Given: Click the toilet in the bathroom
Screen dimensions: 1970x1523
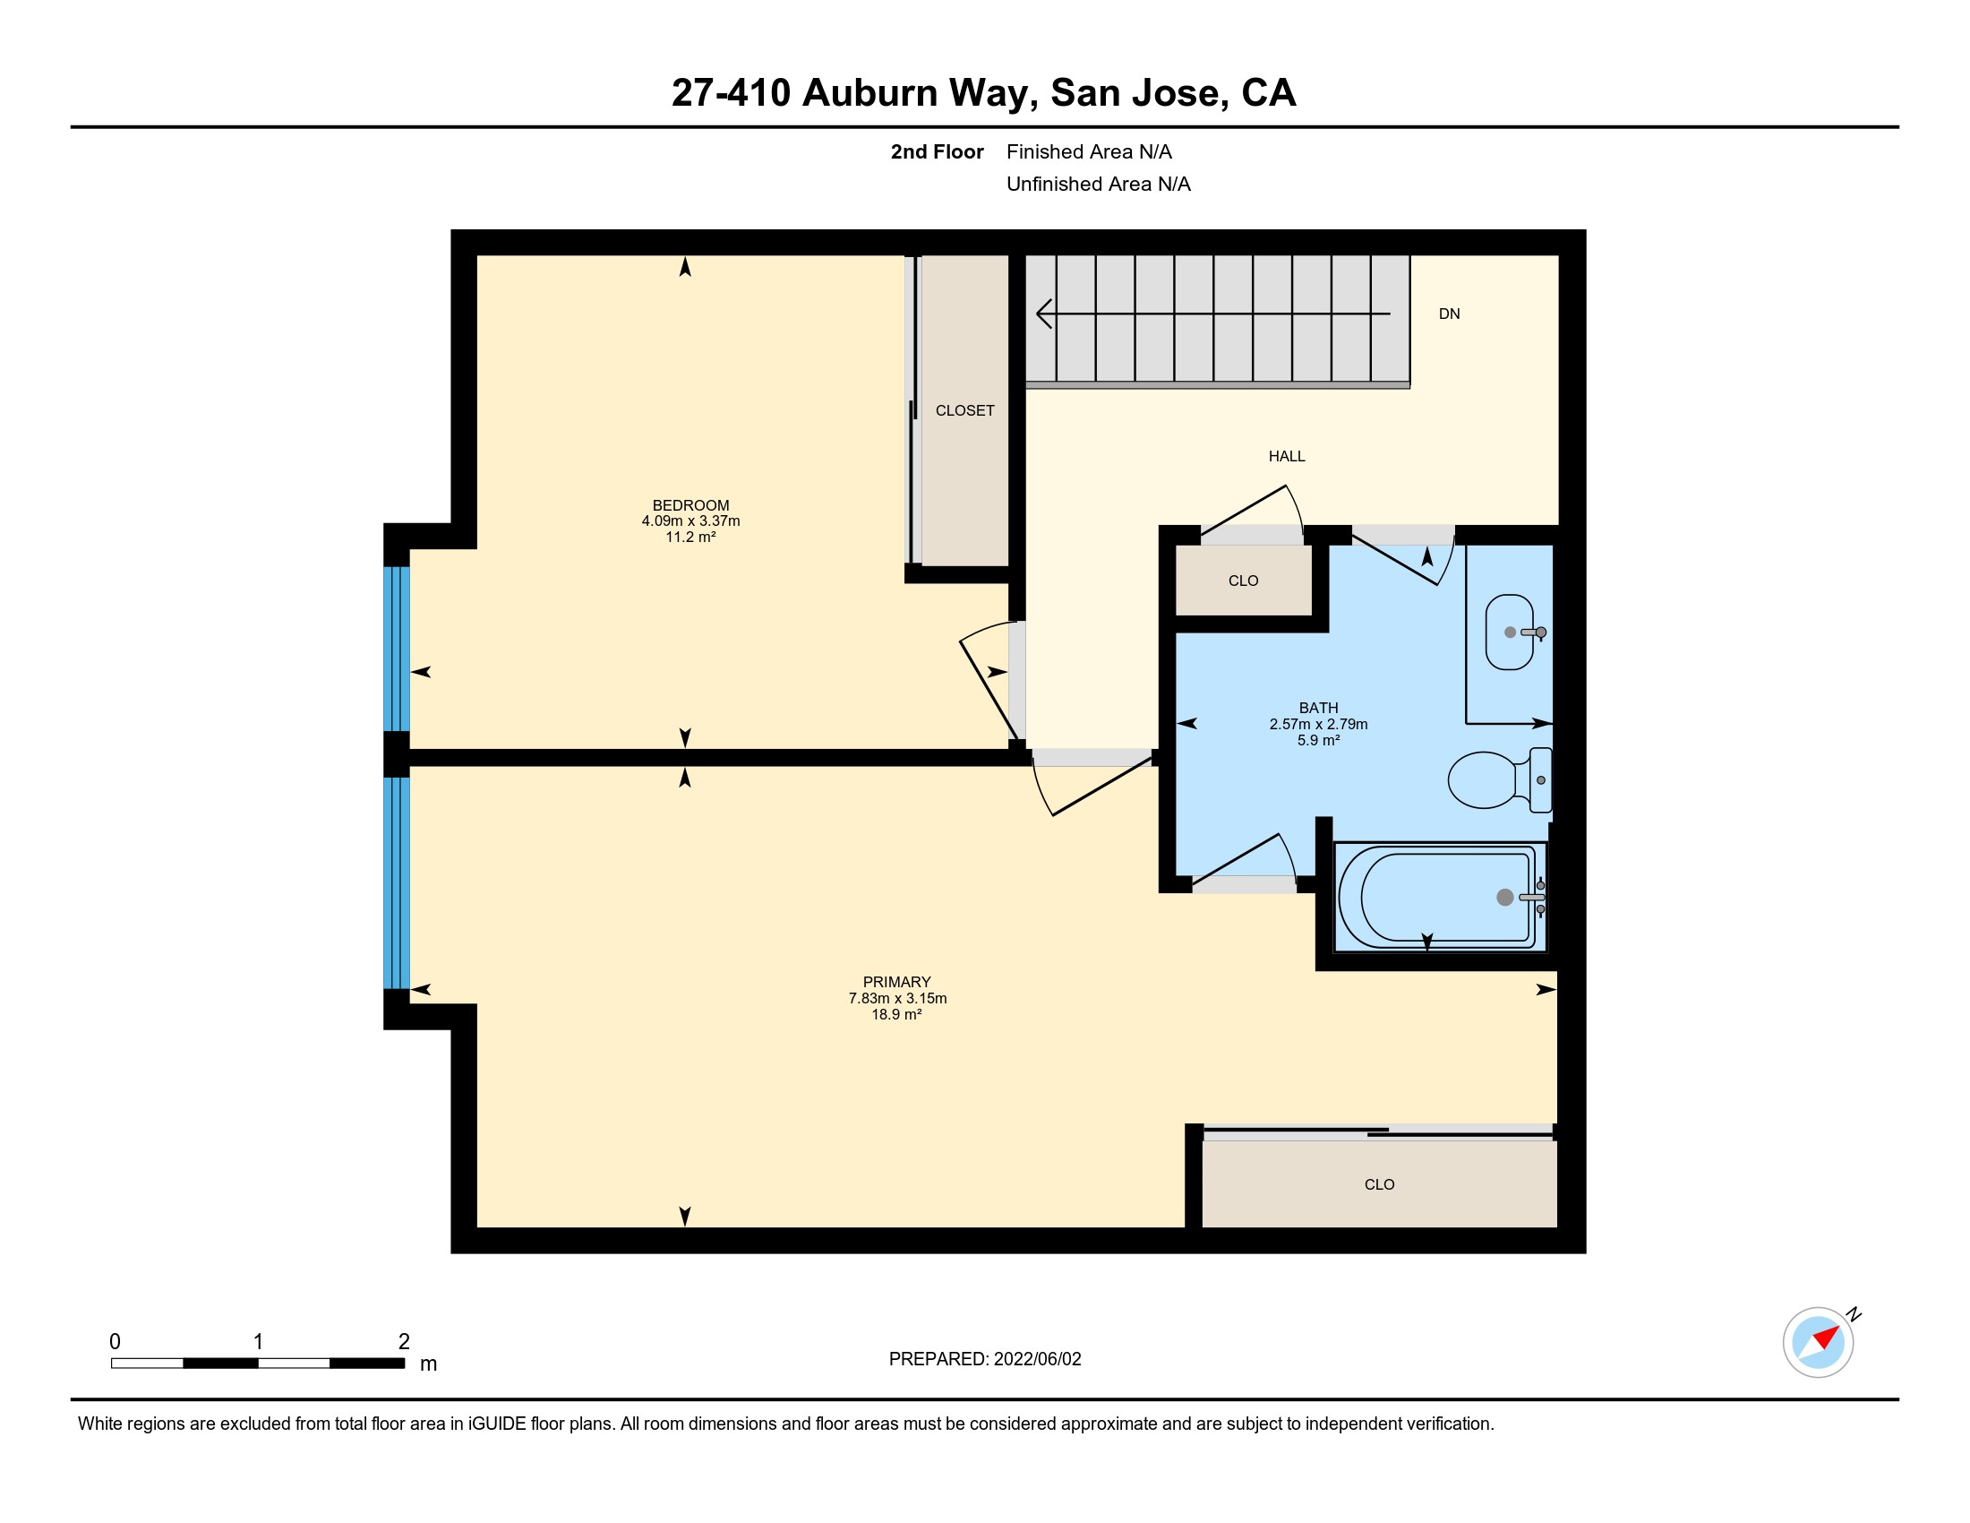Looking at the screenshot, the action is pyautogui.click(x=1499, y=779).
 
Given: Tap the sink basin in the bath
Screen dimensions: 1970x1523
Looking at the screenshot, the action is pyautogui.click(x=1510, y=632).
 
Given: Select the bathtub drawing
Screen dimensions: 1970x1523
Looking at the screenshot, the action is pyautogui.click(x=1440, y=897).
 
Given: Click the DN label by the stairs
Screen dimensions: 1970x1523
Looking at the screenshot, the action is pyautogui.click(x=1449, y=314).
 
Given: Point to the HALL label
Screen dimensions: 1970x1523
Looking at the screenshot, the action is pyautogui.click(x=1286, y=457).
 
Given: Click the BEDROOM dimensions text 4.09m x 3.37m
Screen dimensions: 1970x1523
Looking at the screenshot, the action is pyautogui.click(x=691, y=521).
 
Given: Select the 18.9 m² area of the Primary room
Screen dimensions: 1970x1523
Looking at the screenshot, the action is pyautogui.click(x=896, y=1014).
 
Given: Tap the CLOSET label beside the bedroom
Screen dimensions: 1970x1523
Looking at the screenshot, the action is pyautogui.click(x=964, y=410).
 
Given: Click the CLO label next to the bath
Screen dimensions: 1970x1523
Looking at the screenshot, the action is pyautogui.click(x=1243, y=581).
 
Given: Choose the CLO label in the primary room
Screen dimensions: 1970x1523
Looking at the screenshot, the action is pyautogui.click(x=1379, y=1184).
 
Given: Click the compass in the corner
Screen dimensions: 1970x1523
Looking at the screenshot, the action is pyautogui.click(x=1819, y=1342).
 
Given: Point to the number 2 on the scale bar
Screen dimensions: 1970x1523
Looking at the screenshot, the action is pyautogui.click(x=404, y=1342).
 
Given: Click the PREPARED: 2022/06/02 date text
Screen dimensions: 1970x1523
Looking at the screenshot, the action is pyautogui.click(x=985, y=1359).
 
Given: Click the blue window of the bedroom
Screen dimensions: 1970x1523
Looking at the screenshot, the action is pyautogui.click(x=397, y=648).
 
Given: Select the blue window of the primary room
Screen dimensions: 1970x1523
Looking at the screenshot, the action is pyautogui.click(x=397, y=883).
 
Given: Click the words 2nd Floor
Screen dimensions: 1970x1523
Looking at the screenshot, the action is pyautogui.click(x=937, y=151).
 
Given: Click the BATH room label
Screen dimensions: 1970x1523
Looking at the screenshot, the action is pyautogui.click(x=1318, y=709).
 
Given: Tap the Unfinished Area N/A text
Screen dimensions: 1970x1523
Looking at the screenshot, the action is pyautogui.click(x=1099, y=184).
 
